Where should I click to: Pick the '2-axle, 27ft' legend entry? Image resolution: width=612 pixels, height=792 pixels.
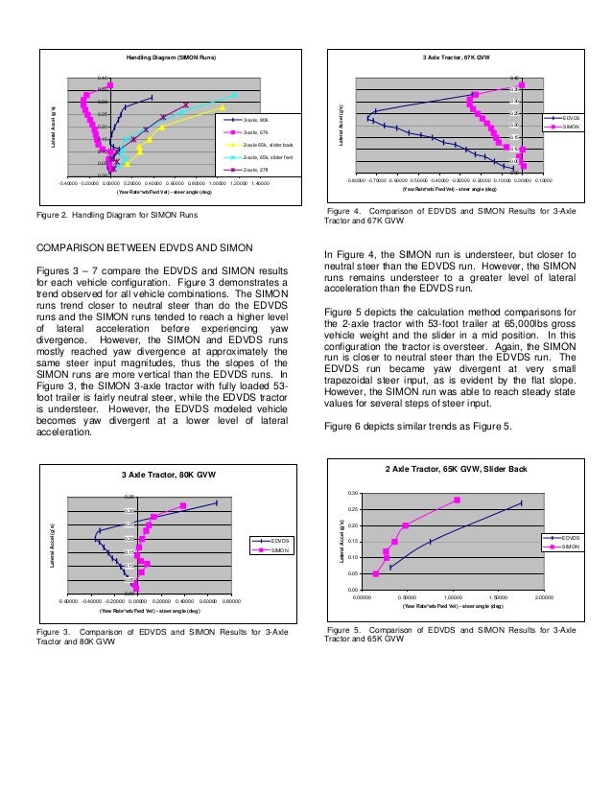point(254,169)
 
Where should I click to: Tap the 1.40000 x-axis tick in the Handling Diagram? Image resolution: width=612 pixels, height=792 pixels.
point(260,180)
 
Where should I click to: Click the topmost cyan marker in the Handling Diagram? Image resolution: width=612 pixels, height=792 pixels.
point(234,95)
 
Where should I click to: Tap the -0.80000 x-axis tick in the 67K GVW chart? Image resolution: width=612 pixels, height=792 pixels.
point(355,179)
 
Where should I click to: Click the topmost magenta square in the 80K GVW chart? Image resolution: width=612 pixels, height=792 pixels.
point(182,506)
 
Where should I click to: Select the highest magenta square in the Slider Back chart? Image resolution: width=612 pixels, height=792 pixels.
point(457,500)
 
